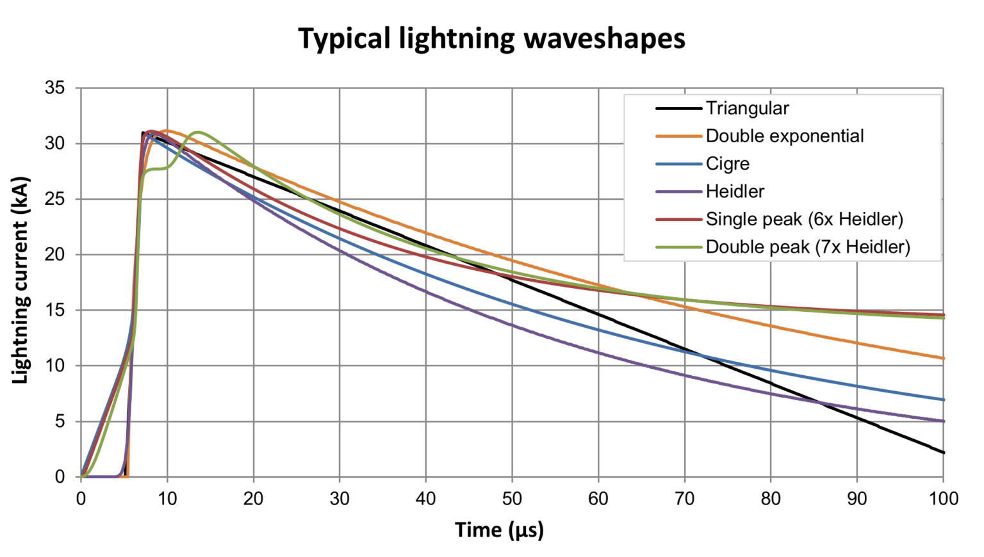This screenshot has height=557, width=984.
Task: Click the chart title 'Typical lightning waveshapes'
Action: (x=491, y=38)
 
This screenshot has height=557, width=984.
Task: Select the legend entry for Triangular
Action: (x=747, y=108)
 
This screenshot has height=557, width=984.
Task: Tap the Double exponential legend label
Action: (x=784, y=136)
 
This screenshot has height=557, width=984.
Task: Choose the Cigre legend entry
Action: (x=727, y=164)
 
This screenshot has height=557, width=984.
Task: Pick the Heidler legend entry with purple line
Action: (x=735, y=191)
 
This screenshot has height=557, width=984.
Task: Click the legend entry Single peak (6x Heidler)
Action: (x=804, y=219)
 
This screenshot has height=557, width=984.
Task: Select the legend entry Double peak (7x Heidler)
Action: (x=807, y=247)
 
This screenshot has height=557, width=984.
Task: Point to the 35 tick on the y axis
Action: (x=55, y=88)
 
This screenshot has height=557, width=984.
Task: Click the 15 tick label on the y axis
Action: (x=55, y=311)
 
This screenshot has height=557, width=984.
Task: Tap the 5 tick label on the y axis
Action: (x=60, y=421)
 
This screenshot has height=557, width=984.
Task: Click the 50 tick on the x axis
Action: (x=512, y=499)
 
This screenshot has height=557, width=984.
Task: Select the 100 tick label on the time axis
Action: (x=943, y=499)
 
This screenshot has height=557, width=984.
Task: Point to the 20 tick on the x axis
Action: (x=253, y=499)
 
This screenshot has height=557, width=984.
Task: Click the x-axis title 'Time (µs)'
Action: (x=499, y=530)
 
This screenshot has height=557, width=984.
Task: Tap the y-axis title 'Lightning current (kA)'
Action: (x=20, y=280)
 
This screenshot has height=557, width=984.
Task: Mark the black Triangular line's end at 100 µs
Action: (x=943, y=453)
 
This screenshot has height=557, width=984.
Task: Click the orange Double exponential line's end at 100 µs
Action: (x=943, y=359)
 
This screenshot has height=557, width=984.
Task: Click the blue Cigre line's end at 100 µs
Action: (x=943, y=400)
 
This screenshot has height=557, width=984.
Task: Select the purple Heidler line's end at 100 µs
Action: (x=943, y=421)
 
